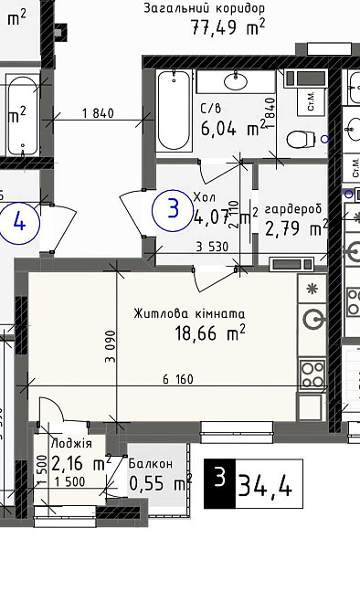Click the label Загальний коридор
205,8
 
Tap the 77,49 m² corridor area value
228,27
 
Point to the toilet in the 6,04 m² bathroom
299,140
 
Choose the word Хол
203,196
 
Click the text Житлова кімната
189,313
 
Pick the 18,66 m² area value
210,333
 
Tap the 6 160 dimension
178,379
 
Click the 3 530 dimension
211,246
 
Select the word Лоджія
72,444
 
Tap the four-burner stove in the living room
312,372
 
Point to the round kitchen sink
313,319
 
